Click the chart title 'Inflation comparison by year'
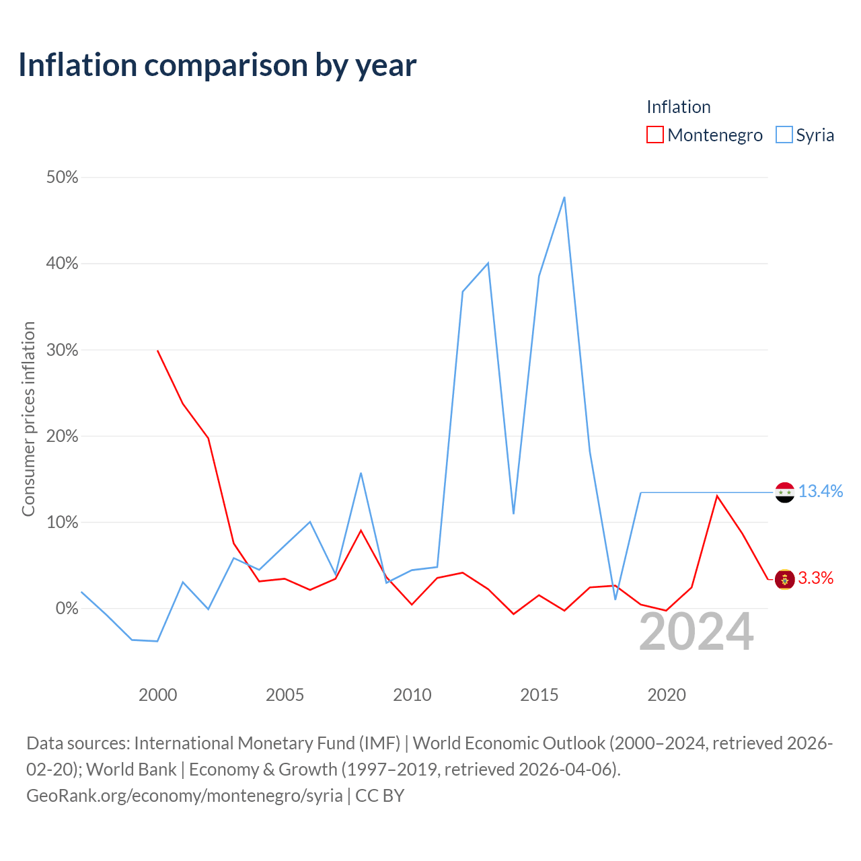pos(217,66)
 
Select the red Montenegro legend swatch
pos(654,135)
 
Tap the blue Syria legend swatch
pos(784,135)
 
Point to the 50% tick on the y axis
pos(62,178)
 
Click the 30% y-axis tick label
pos(62,350)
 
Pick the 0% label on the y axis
pos(67,608)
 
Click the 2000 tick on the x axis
pos(157,695)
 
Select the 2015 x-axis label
pos(539,695)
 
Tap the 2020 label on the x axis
pos(667,695)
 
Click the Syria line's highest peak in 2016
pos(564,197)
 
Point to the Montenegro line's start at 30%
pos(157,350)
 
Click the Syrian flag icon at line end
pos(784,492)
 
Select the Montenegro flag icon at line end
pos(784,580)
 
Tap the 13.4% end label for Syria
pos(821,491)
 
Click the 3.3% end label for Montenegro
pos(815,578)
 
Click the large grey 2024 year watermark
pos(697,632)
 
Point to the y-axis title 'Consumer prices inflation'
pos(28,419)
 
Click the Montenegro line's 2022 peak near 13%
pos(717,496)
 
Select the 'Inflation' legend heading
pos(678,107)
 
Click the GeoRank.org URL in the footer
pos(184,796)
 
